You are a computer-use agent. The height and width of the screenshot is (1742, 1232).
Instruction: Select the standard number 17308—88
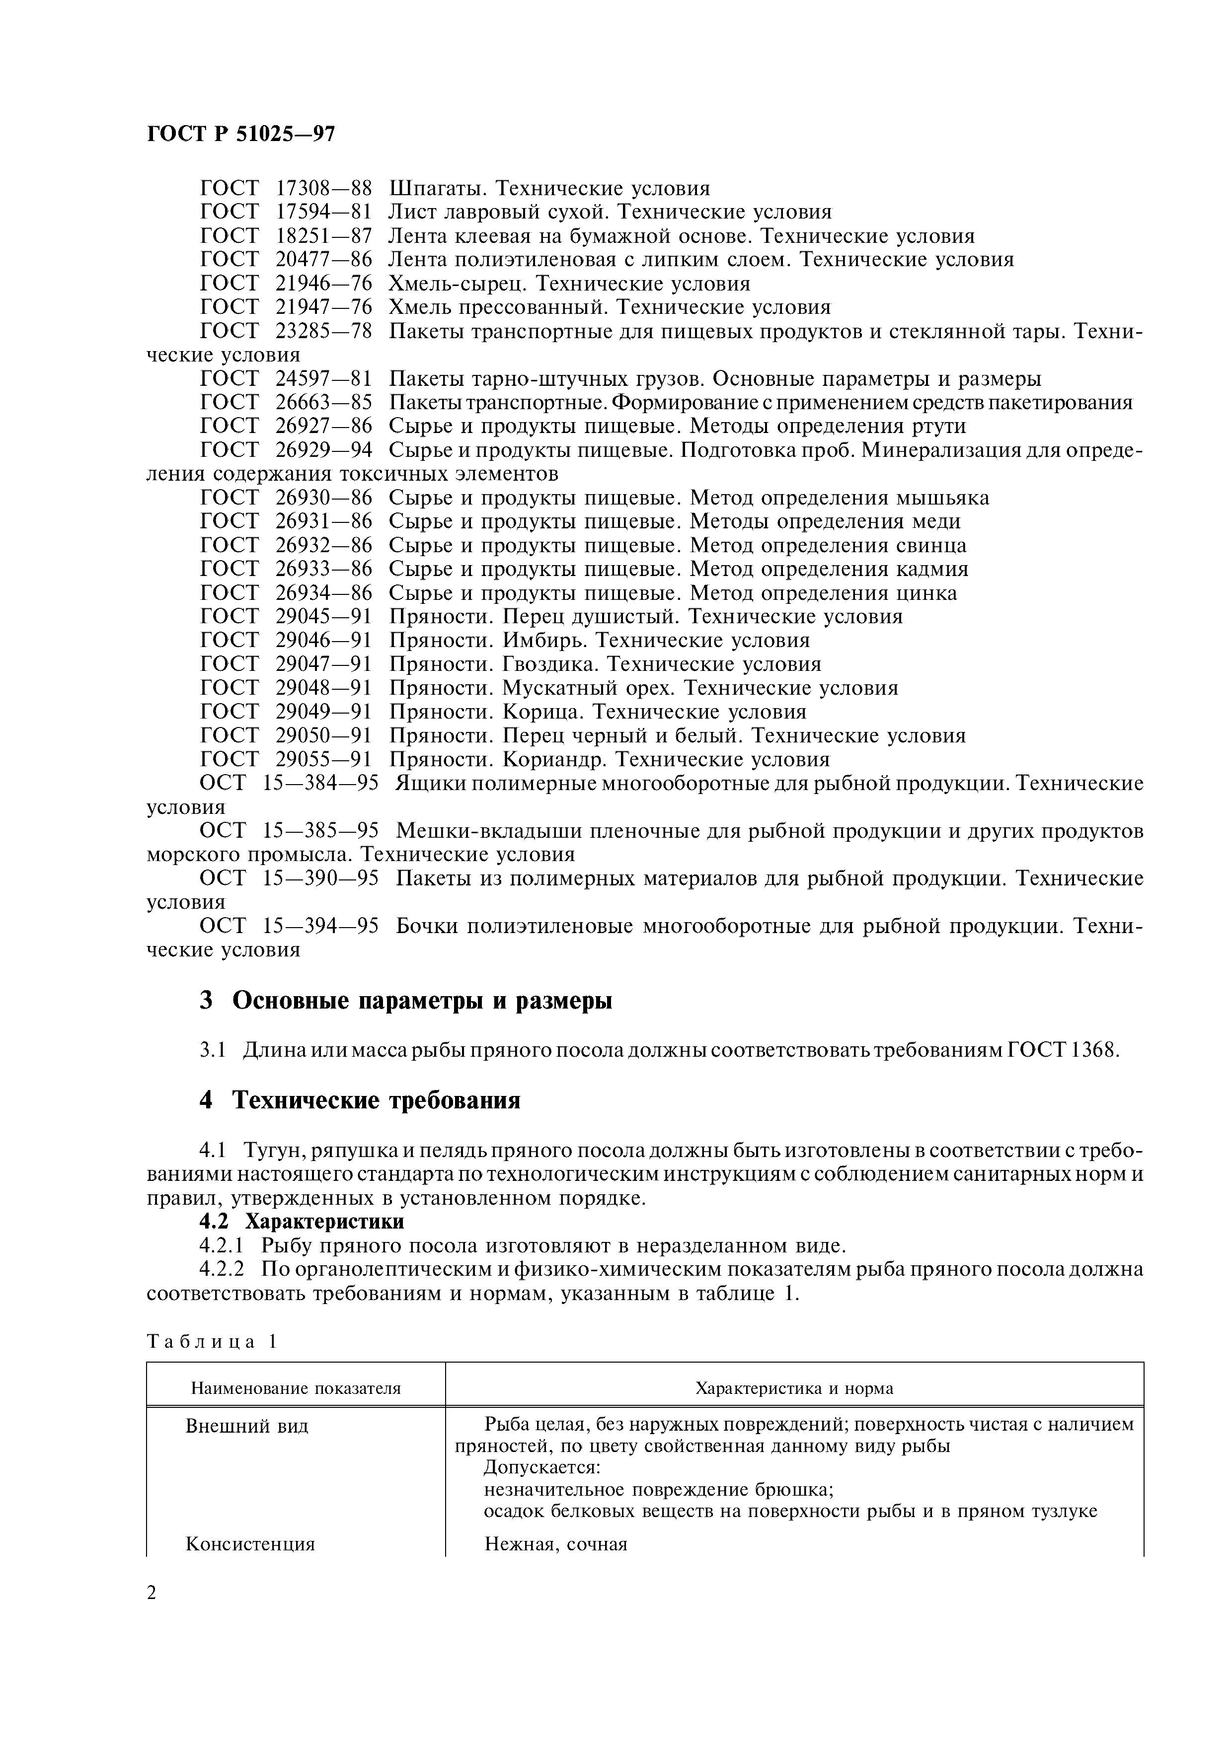click(x=324, y=188)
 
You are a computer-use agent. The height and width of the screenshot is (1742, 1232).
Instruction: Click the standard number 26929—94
click(x=324, y=450)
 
